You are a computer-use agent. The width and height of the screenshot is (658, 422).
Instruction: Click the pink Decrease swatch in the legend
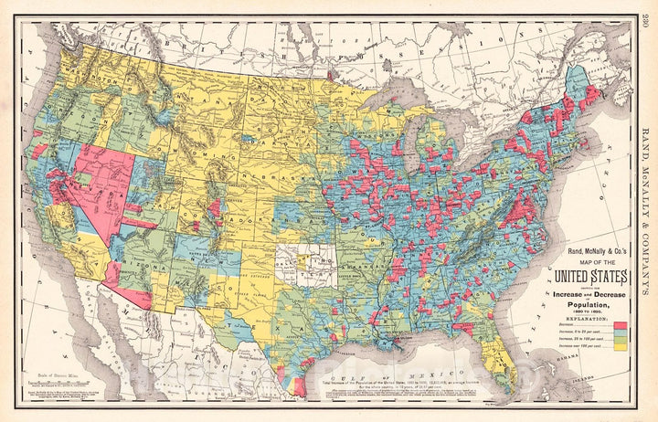pyautogui.click(x=620, y=324)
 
